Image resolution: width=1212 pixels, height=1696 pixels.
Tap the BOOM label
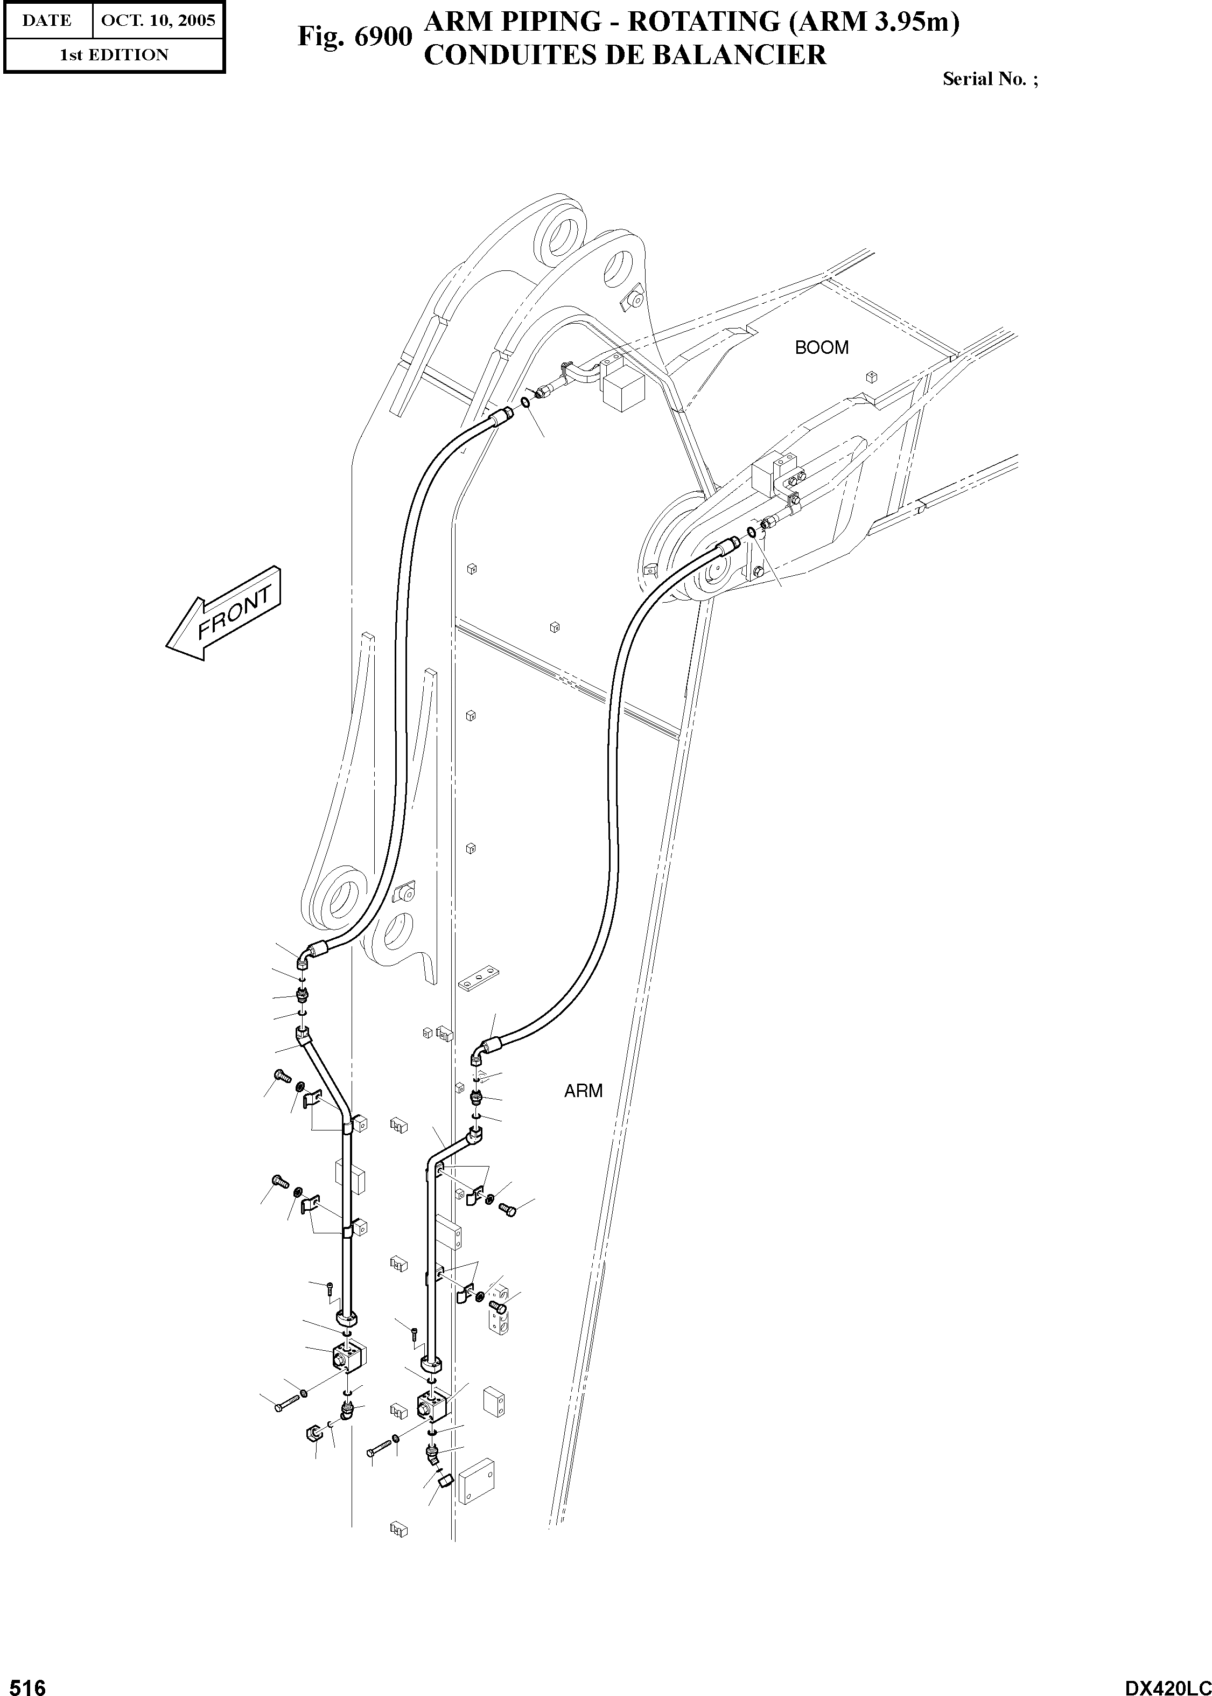click(821, 348)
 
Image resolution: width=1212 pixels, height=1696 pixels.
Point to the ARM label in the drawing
click(583, 1091)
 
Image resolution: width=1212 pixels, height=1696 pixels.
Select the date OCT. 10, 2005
click(157, 20)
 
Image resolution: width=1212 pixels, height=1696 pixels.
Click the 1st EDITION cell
click(114, 54)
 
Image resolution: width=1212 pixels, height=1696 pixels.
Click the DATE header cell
click(47, 20)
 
